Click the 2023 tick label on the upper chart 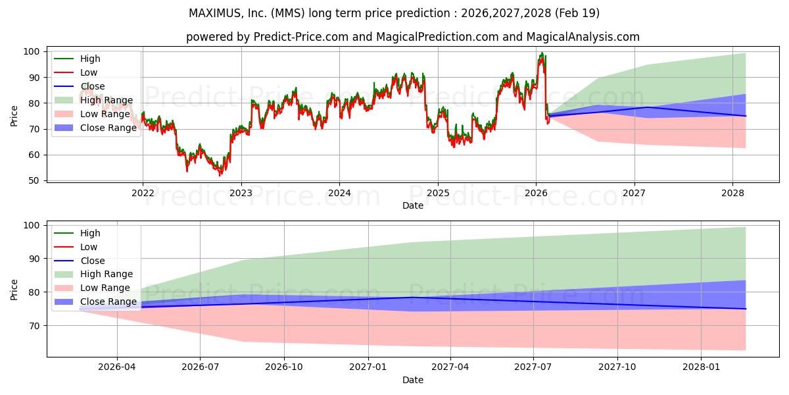click(x=241, y=193)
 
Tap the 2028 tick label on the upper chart click(x=732, y=193)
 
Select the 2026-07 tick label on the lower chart click(x=200, y=367)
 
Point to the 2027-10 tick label click(x=617, y=367)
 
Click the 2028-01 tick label click(x=701, y=367)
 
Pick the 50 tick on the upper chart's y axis click(x=34, y=181)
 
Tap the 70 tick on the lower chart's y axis click(x=34, y=326)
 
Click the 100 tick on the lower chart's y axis click(x=31, y=225)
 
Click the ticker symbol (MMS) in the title click(x=288, y=13)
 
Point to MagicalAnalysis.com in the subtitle click(x=583, y=37)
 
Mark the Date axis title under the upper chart click(x=413, y=205)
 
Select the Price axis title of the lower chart click(x=14, y=290)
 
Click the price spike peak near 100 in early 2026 click(x=542, y=53)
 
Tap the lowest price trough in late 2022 click(x=220, y=175)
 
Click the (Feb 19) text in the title click(x=577, y=13)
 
